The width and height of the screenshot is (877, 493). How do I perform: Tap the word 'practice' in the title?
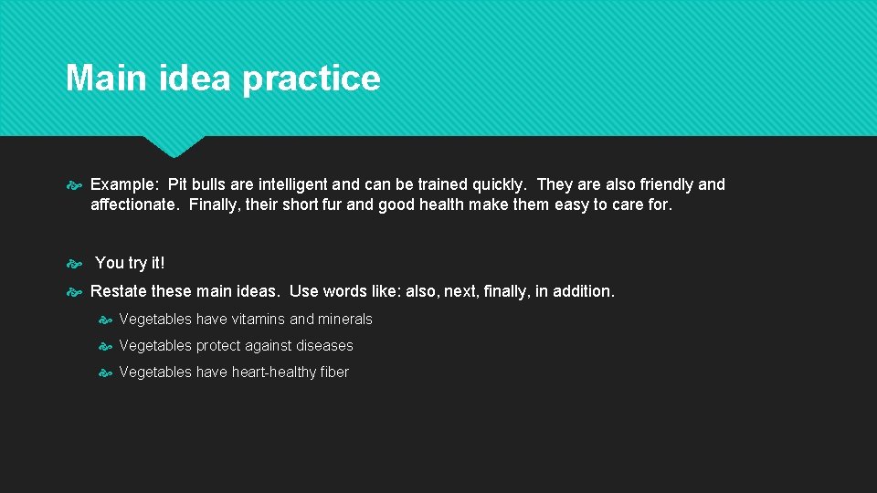[311, 79]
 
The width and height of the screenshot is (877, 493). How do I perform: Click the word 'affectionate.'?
[135, 205]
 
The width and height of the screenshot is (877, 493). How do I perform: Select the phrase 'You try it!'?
[130, 263]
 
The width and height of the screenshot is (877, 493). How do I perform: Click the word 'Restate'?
[119, 291]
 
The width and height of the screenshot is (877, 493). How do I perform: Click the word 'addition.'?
[583, 291]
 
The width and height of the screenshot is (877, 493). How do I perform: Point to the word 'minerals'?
[343, 320]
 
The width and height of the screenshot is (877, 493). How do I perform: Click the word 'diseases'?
[323, 346]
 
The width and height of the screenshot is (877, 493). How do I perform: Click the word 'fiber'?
[334, 372]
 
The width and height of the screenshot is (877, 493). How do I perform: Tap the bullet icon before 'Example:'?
[75, 185]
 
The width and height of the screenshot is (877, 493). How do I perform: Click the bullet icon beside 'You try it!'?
[75, 264]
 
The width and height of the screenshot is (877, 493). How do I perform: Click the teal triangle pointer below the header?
[174, 145]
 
